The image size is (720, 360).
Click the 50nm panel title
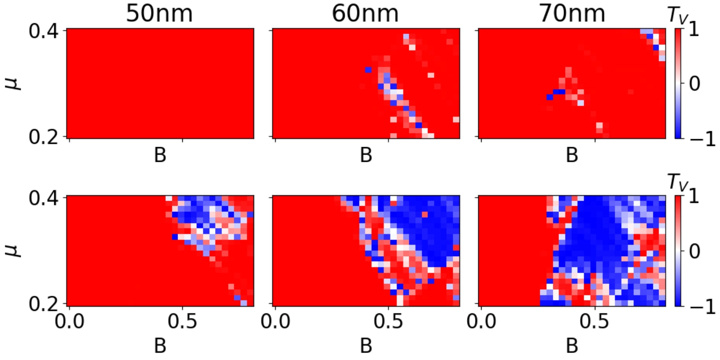pos(159,14)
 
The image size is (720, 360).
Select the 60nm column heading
pos(365,14)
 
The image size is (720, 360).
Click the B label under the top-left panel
pos(160,156)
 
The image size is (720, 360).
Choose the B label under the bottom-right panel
pos(572,345)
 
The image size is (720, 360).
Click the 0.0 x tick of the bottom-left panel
pos(69,323)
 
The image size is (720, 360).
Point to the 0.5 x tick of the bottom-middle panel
pos(388,323)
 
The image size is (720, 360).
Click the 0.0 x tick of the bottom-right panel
pos(481,323)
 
